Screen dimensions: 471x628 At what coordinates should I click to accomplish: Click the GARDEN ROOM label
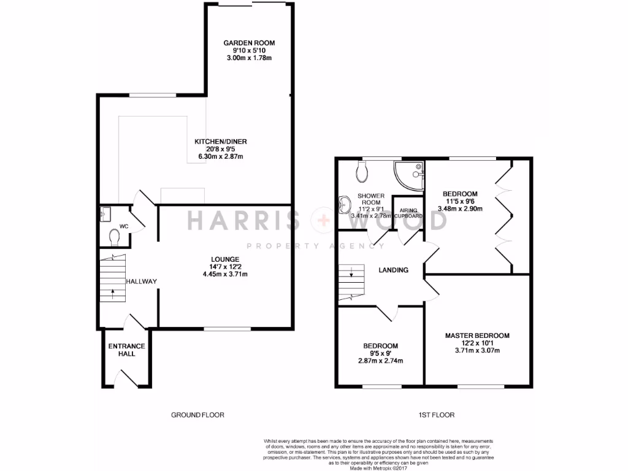[x=249, y=43]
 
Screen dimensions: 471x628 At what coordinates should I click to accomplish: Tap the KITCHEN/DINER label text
[x=221, y=142]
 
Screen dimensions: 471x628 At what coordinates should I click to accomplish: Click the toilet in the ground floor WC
[x=113, y=236]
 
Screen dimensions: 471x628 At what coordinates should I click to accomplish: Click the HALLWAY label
[x=142, y=281]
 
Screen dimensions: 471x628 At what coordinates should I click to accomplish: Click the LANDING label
[x=393, y=270]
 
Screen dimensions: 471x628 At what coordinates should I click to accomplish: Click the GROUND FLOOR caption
[x=197, y=415]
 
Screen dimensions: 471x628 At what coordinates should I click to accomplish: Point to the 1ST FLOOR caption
[x=437, y=415]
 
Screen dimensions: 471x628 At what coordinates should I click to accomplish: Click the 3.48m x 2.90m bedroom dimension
[x=460, y=209]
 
